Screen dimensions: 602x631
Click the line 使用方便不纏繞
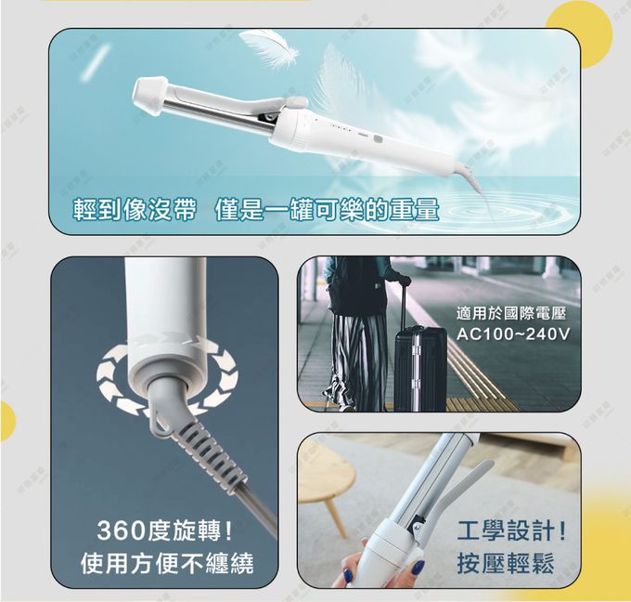pos(166,563)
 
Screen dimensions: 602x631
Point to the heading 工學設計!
pos(511,532)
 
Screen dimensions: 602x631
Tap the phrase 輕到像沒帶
pos(135,210)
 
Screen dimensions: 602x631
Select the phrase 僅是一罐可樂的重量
pos(326,210)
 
